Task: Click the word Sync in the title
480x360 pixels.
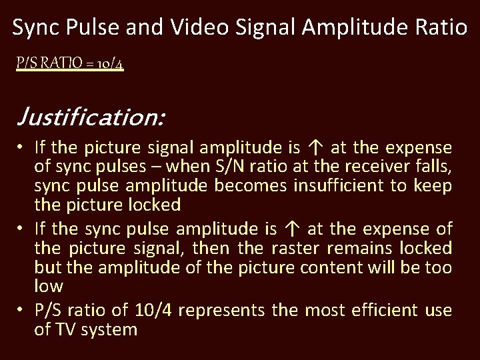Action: tap(37, 28)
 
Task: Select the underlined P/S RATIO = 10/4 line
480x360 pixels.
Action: tap(69, 65)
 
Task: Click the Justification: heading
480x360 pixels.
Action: tap(89, 118)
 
